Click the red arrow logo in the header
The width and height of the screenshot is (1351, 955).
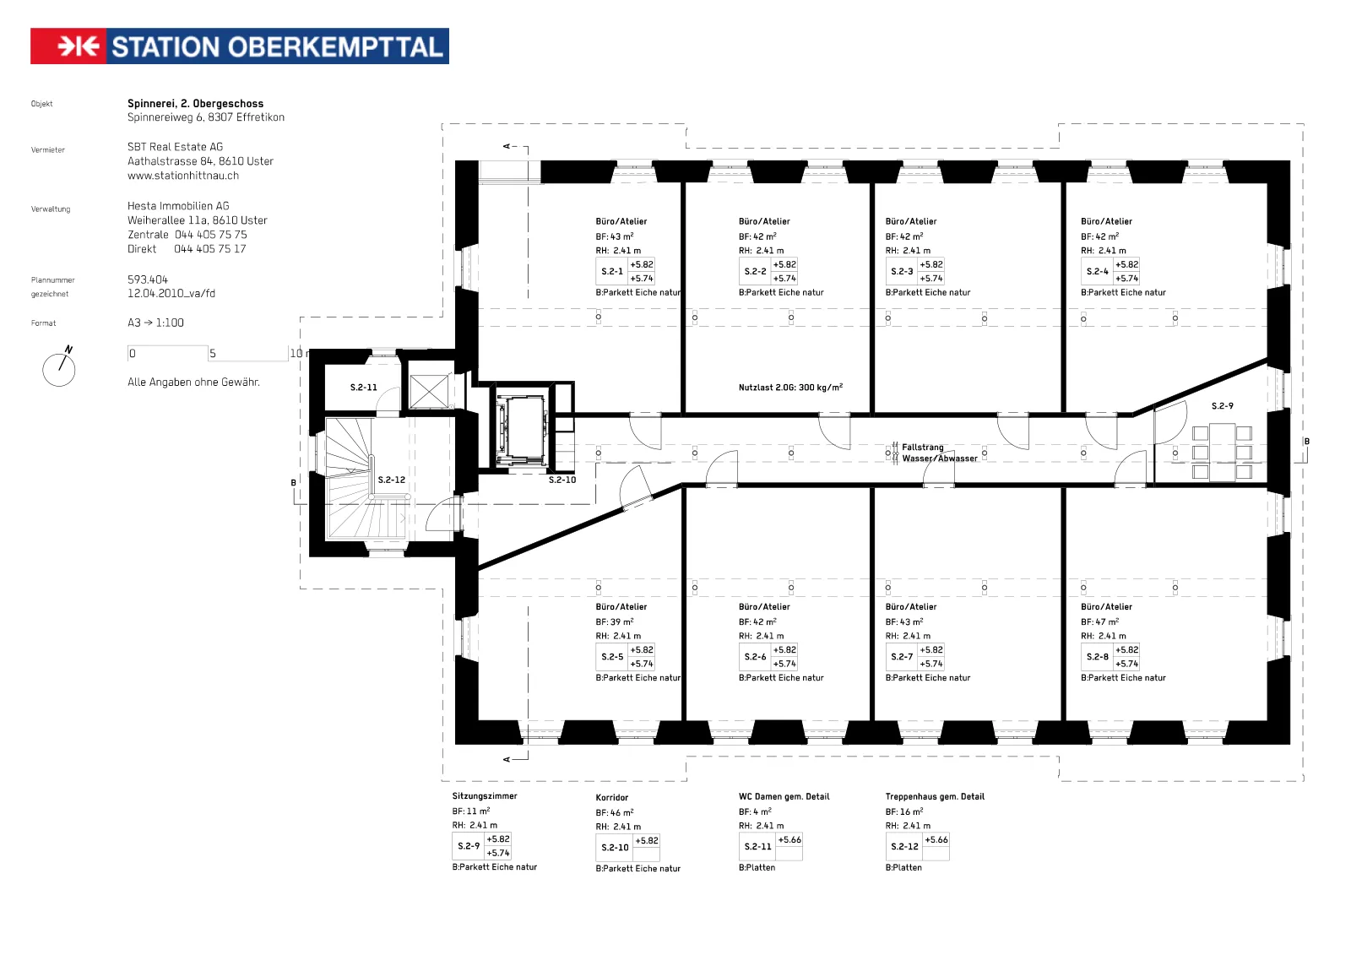[68, 46]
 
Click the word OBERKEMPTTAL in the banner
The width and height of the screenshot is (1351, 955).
[336, 47]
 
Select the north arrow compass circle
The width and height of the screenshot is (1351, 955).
[58, 370]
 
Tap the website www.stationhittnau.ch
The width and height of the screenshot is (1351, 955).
[182, 176]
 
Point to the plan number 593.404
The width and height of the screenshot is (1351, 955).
[148, 279]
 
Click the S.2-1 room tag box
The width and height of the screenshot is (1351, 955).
[625, 271]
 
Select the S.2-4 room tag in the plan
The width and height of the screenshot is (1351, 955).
[1110, 271]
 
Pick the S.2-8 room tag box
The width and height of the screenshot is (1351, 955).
[1110, 656]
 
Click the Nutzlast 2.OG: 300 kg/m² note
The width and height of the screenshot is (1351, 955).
[790, 388]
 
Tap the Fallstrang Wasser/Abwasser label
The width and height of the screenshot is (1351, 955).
[939, 453]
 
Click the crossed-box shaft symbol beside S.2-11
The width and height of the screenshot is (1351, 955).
[429, 391]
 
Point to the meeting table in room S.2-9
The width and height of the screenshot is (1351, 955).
[1222, 452]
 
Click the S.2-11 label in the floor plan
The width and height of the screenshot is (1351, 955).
[364, 388]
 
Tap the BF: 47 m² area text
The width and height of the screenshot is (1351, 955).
[1099, 621]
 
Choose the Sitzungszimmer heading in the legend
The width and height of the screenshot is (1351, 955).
[485, 795]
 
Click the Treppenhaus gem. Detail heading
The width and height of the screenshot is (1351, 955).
[935, 796]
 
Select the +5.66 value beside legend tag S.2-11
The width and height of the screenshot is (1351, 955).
[789, 840]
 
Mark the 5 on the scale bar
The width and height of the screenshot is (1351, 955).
[212, 354]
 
